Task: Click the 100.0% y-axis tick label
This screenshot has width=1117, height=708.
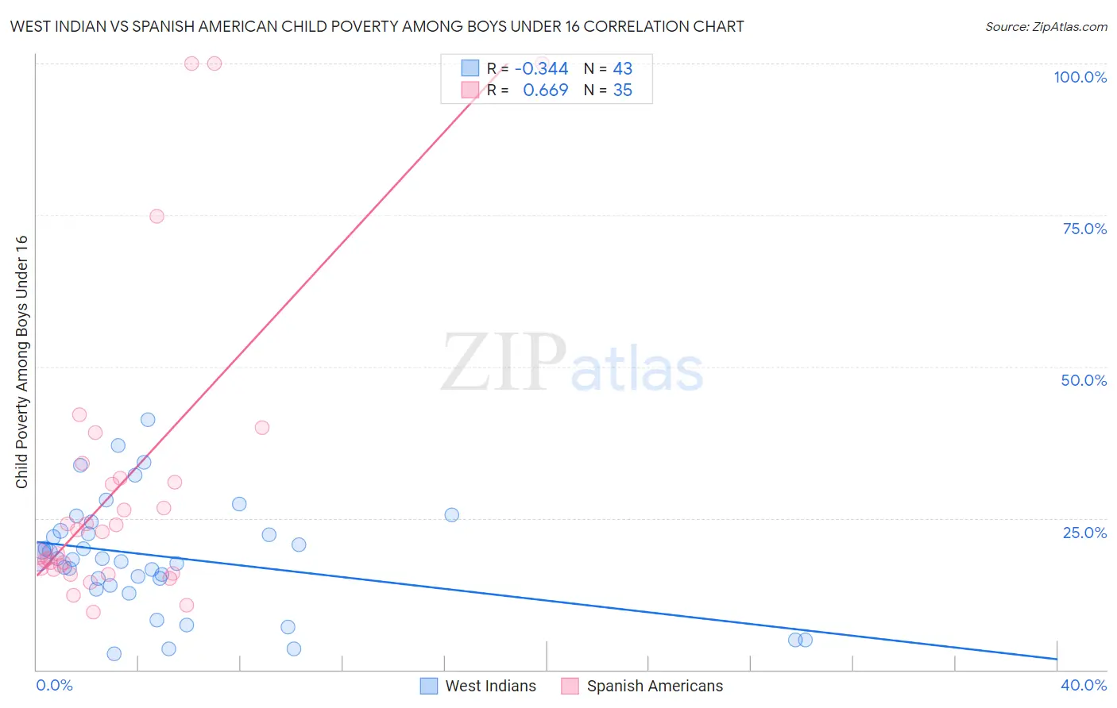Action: coord(1080,77)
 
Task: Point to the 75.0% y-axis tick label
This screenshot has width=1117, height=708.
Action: coord(1084,229)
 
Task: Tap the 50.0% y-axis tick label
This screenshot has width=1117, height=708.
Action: coord(1084,380)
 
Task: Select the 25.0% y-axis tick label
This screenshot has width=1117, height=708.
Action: coord(1084,533)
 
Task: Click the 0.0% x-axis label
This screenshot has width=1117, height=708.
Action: coord(54,685)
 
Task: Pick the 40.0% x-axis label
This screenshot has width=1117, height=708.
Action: coord(1083,685)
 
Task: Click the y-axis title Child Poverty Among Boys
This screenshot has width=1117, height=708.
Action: coord(21,362)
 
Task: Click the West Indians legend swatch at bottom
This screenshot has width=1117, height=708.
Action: coord(429,686)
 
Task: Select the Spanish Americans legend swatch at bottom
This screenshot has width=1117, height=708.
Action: coord(570,686)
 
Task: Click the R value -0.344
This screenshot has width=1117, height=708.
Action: coord(541,69)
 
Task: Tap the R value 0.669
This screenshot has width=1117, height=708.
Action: coord(545,90)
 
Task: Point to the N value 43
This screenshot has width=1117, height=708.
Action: coord(622,69)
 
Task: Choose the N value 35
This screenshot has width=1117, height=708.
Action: coord(622,90)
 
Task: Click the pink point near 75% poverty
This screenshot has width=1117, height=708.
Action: coord(157,216)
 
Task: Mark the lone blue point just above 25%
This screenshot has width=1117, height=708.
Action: coord(451,514)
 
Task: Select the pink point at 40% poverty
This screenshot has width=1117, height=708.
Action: coord(261,427)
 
